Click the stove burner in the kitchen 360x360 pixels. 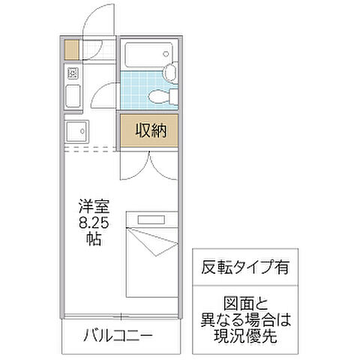coord(73,73)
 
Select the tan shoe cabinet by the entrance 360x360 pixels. coord(71,49)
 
